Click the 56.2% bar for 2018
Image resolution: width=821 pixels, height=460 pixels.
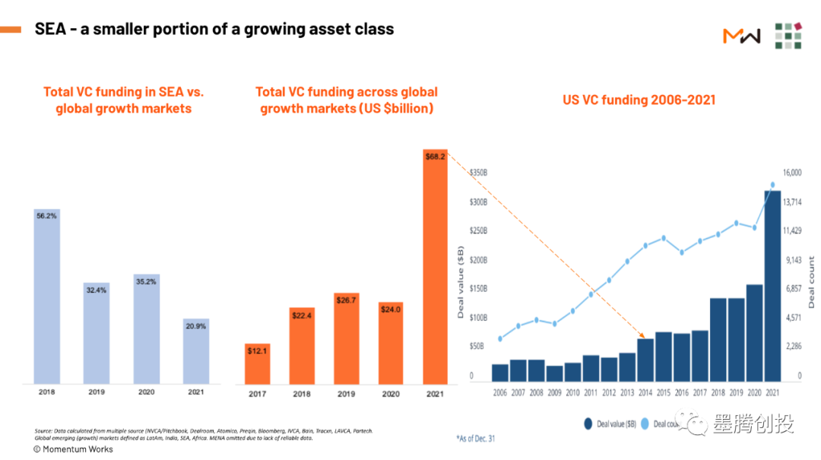point(47,297)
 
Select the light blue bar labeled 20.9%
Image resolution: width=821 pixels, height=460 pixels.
point(196,351)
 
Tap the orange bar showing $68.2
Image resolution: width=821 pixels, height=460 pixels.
point(435,266)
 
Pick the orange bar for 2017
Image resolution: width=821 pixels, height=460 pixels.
point(257,364)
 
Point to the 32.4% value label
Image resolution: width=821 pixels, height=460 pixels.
point(97,290)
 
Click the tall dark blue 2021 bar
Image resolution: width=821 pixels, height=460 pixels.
point(772,285)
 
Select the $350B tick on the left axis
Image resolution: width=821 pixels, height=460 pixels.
point(478,173)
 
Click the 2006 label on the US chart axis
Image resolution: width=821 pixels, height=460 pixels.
point(499,392)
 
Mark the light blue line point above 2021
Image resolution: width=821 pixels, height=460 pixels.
point(772,185)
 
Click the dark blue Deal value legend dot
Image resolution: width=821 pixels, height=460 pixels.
point(588,424)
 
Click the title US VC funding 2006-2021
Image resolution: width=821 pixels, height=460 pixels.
point(639,100)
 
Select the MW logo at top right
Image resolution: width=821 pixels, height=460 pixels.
point(741,35)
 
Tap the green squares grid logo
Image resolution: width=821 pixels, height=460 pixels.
point(788,35)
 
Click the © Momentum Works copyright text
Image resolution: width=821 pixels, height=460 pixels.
point(73,449)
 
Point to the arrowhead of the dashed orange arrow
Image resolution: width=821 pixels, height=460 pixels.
point(644,336)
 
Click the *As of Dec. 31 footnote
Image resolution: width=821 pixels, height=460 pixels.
point(476,438)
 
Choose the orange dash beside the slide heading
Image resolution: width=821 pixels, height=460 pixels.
point(11,30)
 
